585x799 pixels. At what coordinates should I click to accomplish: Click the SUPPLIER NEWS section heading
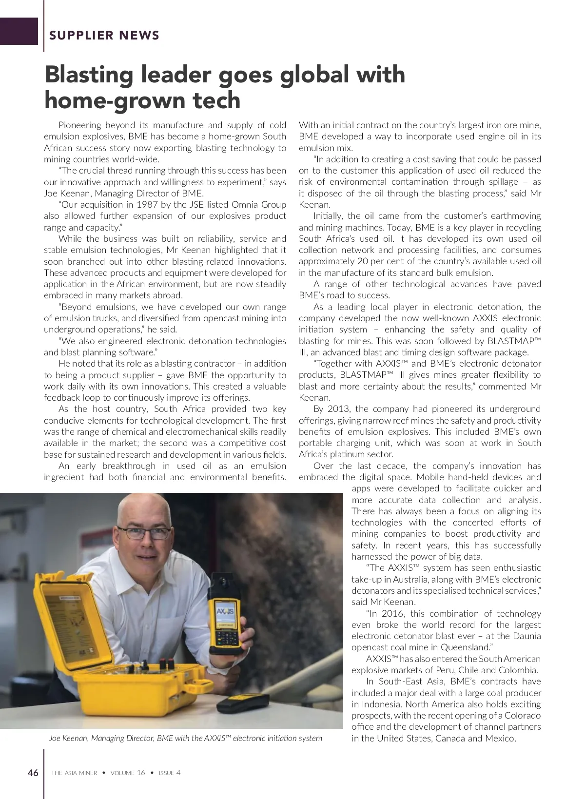(104, 35)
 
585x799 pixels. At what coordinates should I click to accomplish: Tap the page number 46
(33, 773)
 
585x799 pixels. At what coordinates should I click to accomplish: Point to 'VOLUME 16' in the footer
(128, 773)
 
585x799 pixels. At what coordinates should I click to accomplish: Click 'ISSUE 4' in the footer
(170, 773)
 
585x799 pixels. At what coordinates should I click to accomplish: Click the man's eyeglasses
(144, 533)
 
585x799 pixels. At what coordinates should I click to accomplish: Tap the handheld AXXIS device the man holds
(227, 624)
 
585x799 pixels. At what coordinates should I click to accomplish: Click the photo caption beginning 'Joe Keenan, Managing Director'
(185, 738)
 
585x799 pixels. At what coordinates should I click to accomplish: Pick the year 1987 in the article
(147, 205)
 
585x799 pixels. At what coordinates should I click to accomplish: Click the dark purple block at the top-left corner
(19, 31)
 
